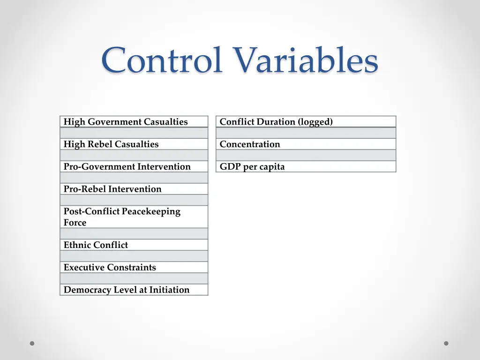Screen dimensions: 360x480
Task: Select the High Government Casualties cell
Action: click(134, 122)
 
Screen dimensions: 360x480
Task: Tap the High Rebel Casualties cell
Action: click(134, 144)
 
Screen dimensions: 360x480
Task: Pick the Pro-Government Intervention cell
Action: click(134, 167)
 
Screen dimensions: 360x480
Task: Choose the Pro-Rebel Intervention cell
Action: click(134, 189)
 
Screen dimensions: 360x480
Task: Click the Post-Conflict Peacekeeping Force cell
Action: click(134, 217)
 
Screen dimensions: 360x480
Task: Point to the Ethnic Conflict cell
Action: click(134, 245)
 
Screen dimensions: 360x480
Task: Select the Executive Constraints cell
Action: click(134, 268)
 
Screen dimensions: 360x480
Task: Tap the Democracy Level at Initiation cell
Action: click(134, 290)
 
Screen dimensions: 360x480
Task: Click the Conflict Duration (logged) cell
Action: click(306, 122)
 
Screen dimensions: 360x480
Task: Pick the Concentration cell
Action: click(306, 144)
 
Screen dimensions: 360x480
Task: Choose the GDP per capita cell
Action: click(306, 167)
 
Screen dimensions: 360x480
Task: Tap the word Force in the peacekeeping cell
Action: click(75, 223)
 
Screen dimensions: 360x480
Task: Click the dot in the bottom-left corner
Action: click(32, 343)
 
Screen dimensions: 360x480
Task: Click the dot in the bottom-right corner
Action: click(446, 343)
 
